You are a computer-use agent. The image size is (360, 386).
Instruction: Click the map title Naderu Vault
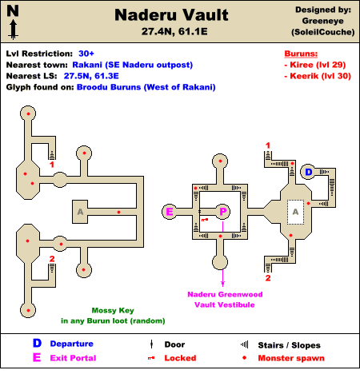171,15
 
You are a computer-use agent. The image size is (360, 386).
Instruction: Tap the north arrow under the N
14,30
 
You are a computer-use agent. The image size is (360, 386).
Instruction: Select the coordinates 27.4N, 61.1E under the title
174,31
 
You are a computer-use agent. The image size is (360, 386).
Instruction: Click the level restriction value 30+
86,54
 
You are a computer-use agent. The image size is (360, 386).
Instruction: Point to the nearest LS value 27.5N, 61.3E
91,76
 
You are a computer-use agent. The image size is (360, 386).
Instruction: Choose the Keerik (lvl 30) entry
318,76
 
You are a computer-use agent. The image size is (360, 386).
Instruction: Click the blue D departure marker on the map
309,172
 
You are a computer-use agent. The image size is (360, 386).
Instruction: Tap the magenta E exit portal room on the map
170,212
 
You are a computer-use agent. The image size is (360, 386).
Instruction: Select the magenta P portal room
223,212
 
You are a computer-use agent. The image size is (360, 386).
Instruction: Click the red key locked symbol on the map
205,220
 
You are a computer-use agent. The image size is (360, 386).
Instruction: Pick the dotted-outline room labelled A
295,212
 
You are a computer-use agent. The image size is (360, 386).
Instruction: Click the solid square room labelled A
80,212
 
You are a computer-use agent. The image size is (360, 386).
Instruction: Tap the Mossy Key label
113,310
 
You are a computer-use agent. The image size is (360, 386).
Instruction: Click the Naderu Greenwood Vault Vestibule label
225,300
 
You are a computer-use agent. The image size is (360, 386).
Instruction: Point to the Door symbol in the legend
151,344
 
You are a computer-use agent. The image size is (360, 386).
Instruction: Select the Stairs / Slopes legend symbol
245,344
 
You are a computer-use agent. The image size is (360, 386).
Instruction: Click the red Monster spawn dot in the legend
244,358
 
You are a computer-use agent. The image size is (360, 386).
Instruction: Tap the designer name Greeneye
322,21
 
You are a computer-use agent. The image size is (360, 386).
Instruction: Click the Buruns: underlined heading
301,54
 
